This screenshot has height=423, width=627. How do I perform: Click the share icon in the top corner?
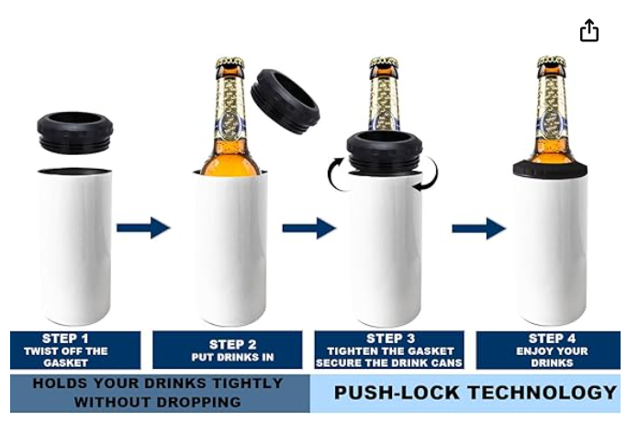coord(589,30)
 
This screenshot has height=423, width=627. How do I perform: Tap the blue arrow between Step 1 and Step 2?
coord(143,228)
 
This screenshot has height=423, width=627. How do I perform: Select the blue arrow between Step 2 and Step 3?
coord(309,228)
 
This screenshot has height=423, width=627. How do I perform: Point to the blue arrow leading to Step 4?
coord(478,228)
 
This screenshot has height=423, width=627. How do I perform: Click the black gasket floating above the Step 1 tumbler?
coord(74,131)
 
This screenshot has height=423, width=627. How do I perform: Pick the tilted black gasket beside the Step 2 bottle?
coord(286,102)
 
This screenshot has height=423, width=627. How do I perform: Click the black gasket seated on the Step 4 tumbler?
coord(550,168)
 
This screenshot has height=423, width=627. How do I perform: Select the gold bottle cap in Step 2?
coord(230,63)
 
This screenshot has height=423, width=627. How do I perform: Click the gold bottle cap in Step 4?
coord(552,62)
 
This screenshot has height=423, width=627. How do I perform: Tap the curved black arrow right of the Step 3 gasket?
coord(431,174)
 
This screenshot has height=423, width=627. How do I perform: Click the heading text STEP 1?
coord(65,339)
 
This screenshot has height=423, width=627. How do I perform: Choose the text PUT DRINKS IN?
coord(233,357)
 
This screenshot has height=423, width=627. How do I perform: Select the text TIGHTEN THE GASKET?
coord(391,351)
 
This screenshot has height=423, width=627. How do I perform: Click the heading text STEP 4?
coord(552,339)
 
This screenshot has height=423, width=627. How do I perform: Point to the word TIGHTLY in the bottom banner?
coord(248,383)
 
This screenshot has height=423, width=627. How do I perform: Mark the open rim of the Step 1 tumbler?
coord(74,171)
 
